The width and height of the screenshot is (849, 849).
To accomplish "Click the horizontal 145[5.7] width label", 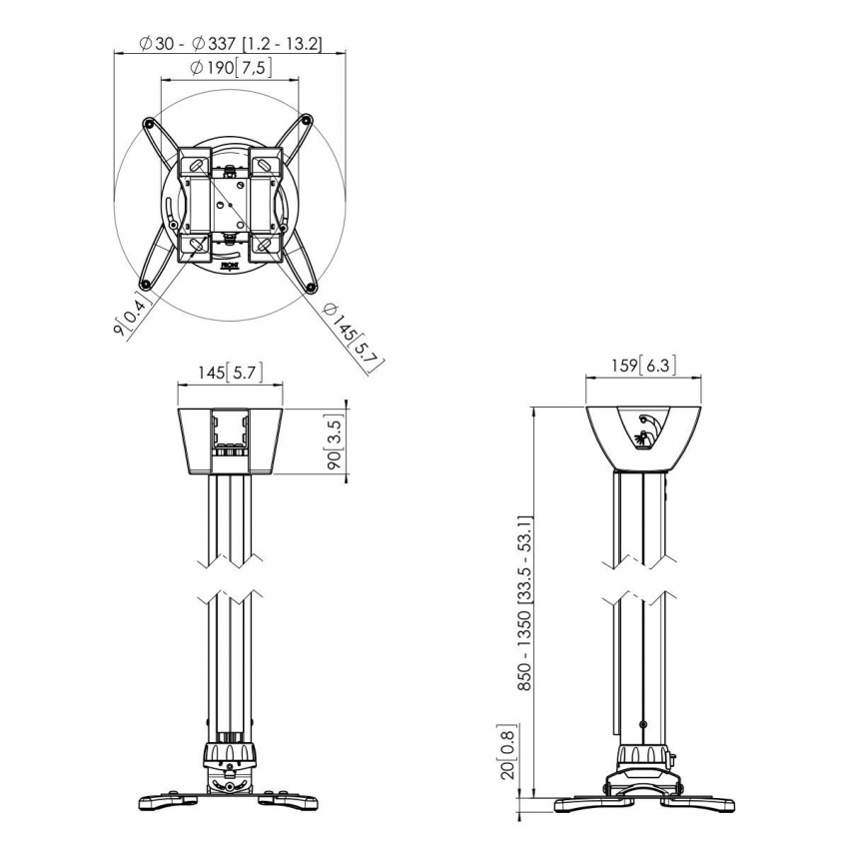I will tap(229, 373).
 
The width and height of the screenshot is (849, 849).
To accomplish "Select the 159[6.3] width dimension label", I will tap(643, 366).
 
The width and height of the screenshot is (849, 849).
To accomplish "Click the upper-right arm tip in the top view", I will tap(311, 119).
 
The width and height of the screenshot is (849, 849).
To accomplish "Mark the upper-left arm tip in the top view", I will tap(149, 123).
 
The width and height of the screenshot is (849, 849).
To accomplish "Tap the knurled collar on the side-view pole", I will tap(643, 752).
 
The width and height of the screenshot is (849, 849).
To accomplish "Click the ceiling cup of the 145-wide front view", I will tap(230, 439).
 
